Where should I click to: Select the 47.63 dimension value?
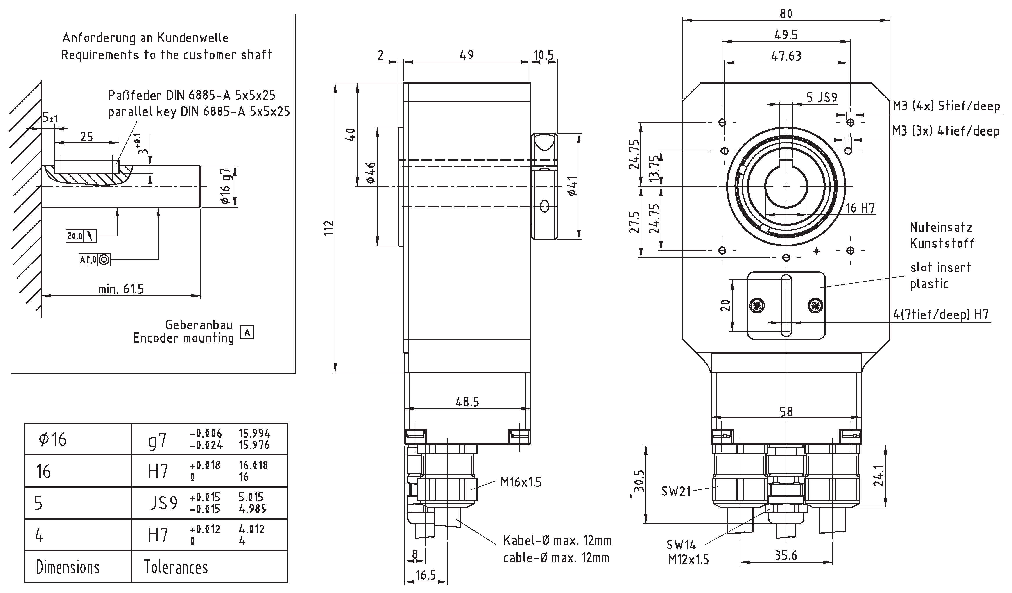coord(786,56)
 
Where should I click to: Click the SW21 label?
coord(675,491)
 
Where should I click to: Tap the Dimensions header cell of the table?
coord(68,567)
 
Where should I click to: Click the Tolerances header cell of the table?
coord(176,567)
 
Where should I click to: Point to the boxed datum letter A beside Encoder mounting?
coord(247,332)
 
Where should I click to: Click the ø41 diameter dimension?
coord(573,186)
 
